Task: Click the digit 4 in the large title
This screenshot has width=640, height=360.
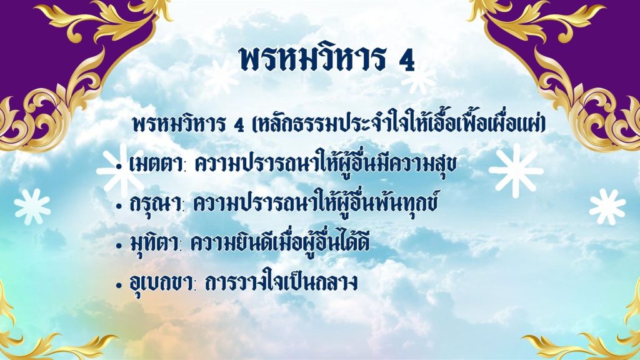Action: click(x=406, y=61)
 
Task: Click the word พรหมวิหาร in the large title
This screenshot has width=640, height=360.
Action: click(x=312, y=58)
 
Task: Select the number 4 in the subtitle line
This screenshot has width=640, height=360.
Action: click(x=239, y=125)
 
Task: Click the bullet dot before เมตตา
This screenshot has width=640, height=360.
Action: click(x=119, y=166)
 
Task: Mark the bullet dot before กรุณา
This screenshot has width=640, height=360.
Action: click(x=119, y=206)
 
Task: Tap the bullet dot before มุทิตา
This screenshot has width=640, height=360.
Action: click(x=119, y=246)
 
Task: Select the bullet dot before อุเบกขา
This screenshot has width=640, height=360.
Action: click(x=119, y=285)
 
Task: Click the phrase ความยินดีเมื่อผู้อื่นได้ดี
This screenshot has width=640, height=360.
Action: click(x=281, y=242)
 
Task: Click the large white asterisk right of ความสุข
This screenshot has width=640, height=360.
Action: click(x=516, y=171)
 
